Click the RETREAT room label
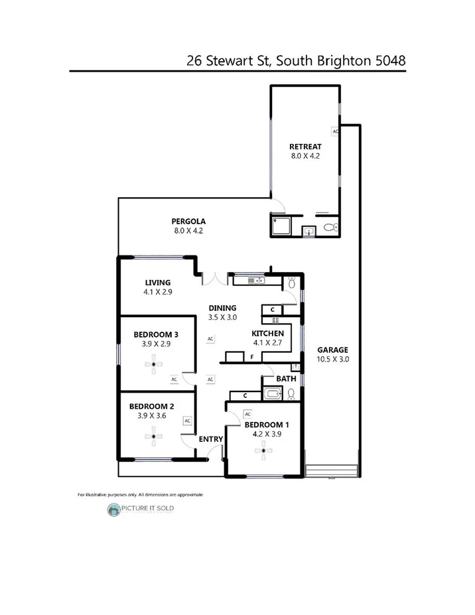[305, 147]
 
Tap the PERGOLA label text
[189, 221]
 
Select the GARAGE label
[332, 350]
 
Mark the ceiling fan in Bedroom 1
[263, 452]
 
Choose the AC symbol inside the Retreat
[336, 131]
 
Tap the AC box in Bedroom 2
[188, 421]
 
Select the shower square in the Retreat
[281, 226]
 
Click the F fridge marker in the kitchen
[252, 357]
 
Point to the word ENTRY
[211, 439]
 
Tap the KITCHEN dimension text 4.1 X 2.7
[268, 343]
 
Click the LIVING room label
[157, 282]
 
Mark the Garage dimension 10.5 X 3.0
[332, 359]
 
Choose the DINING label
[222, 308]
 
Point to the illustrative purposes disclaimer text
[140, 495]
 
